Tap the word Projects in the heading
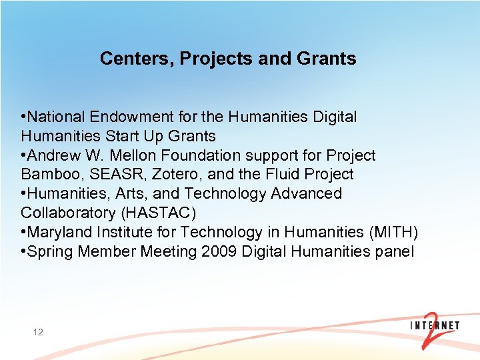pos(213,59)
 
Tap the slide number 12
pos(37,331)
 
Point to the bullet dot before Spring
pos(23,252)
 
